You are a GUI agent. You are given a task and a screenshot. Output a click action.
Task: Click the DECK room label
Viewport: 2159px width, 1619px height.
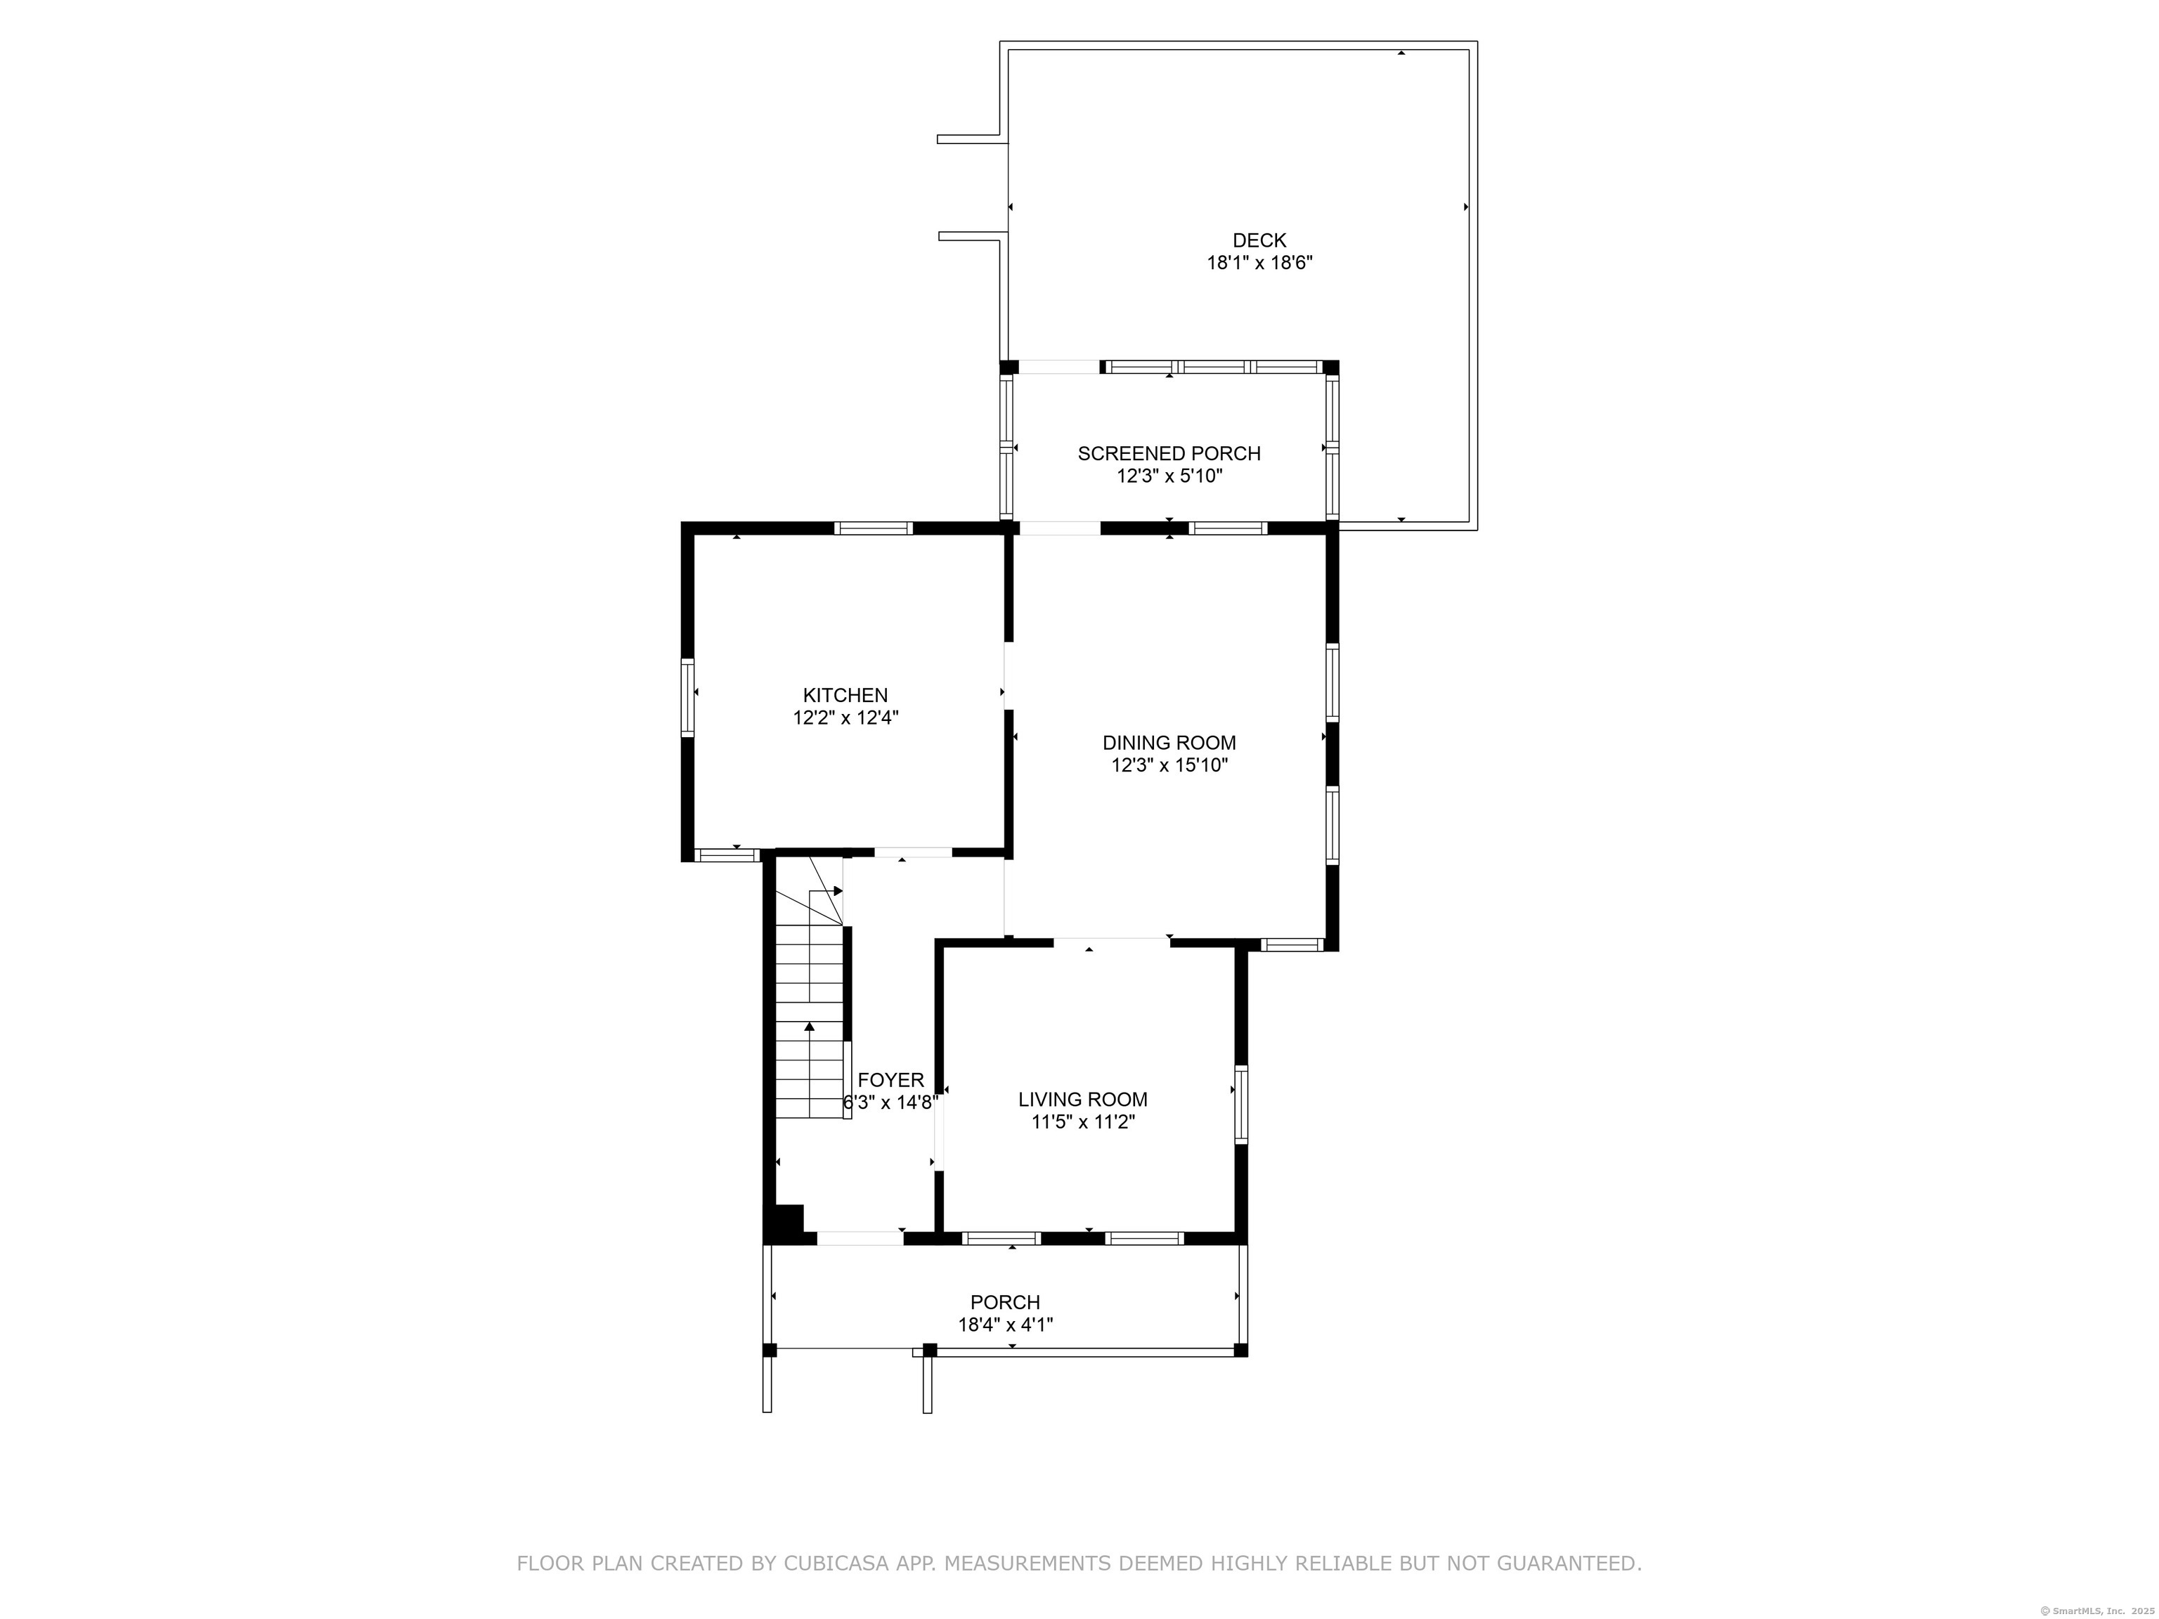[1259, 240]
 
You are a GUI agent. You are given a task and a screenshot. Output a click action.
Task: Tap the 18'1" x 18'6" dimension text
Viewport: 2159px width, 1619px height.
[1259, 263]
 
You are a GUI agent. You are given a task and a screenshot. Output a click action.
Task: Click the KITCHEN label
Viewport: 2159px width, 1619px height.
[845, 696]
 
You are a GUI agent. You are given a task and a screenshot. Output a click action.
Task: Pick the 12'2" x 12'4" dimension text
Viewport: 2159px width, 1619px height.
[845, 718]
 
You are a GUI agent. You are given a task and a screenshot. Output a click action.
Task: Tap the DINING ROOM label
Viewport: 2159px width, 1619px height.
[1169, 743]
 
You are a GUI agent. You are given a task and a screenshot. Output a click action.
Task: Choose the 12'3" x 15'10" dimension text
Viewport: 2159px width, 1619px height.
[1169, 765]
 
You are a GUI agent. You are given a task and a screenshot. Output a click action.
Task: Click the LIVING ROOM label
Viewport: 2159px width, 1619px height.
[1082, 1100]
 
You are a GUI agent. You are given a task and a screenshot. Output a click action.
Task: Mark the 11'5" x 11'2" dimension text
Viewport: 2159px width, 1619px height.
[1082, 1122]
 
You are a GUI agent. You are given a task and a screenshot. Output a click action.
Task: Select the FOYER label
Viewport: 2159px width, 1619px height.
[890, 1080]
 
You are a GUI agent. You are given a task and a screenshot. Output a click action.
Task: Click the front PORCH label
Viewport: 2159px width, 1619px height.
[1004, 1302]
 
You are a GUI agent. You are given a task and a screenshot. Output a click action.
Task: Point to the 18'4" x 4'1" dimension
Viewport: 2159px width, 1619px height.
[1004, 1325]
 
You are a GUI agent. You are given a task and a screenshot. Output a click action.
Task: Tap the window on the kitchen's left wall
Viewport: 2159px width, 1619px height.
[687, 697]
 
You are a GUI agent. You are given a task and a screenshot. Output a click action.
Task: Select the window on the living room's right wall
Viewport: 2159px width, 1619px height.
[1242, 1105]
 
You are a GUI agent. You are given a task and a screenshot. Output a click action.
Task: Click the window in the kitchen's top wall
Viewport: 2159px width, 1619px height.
[874, 528]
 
